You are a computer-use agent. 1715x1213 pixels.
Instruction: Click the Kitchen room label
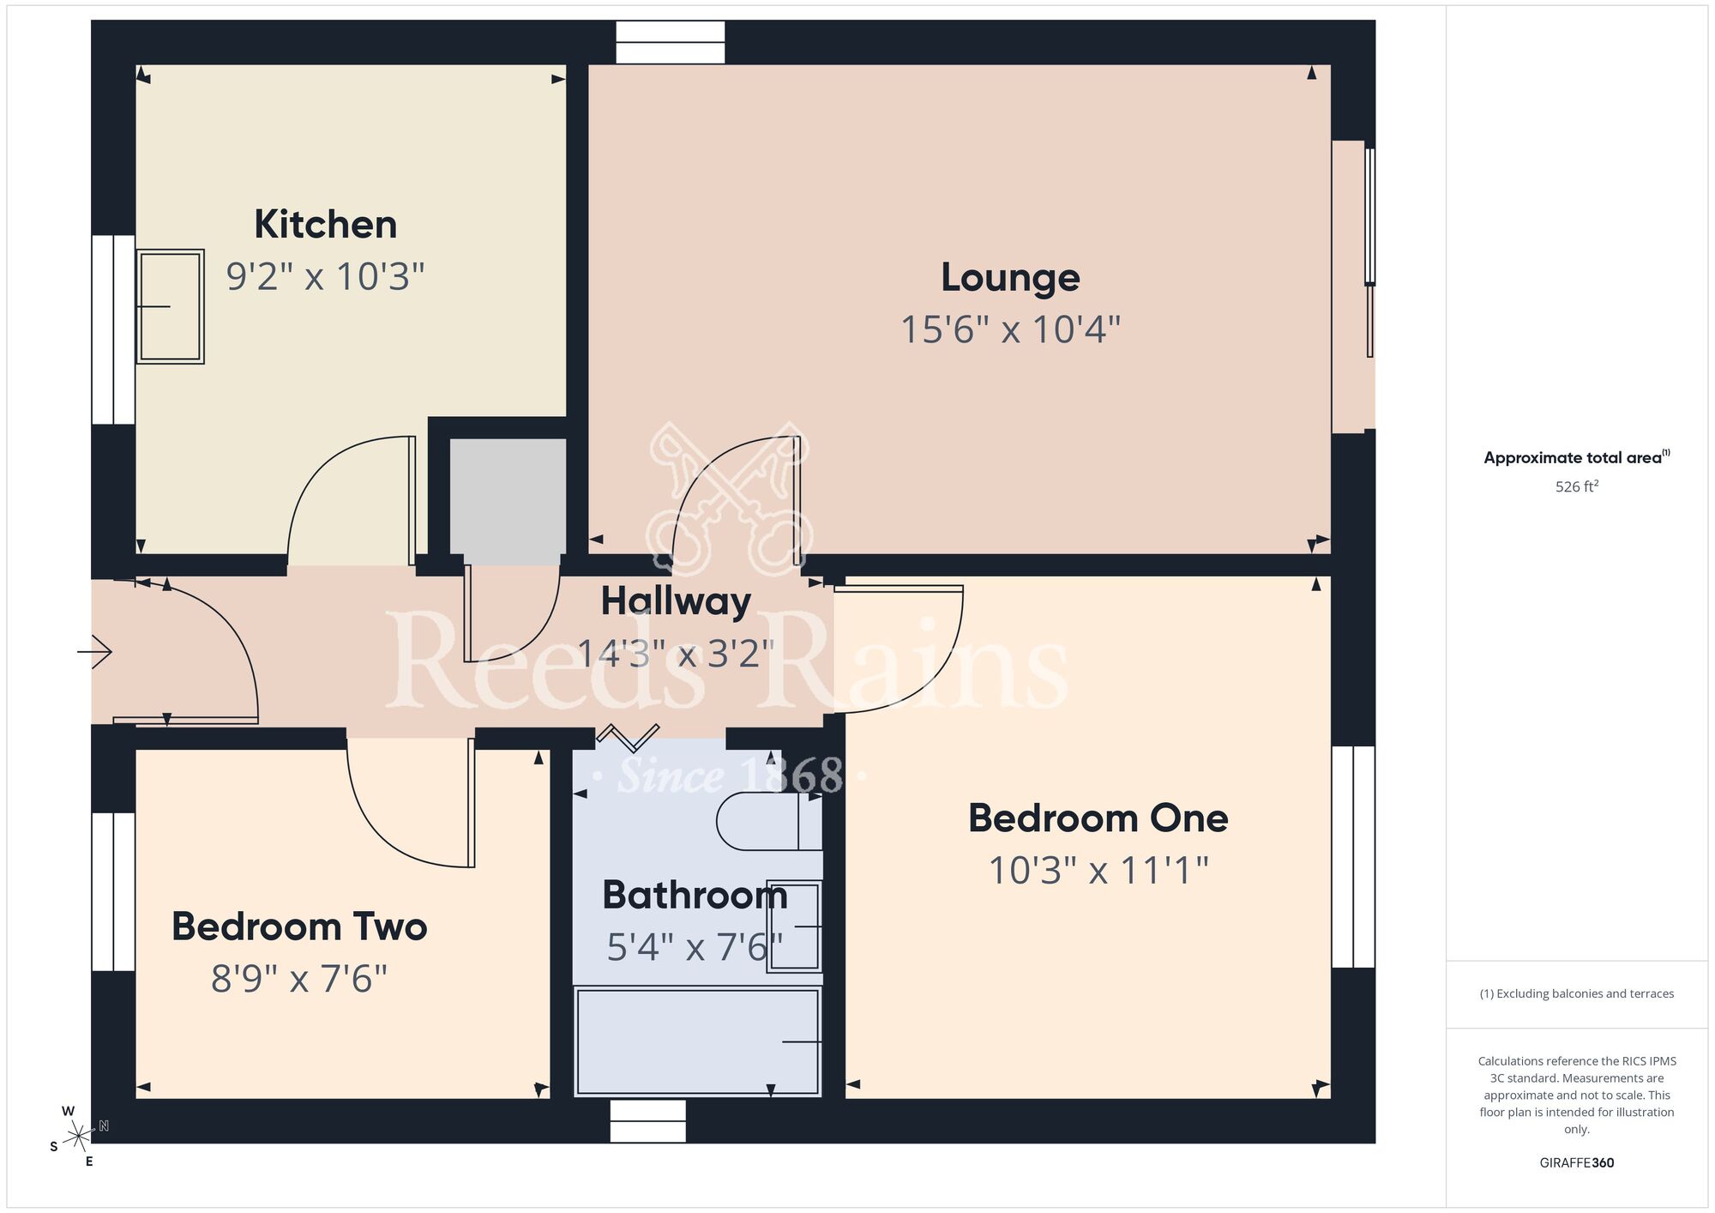[325, 225]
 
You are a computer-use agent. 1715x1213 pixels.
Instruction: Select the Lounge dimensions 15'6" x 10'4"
[1010, 329]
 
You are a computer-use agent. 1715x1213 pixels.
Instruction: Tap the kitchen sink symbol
[170, 306]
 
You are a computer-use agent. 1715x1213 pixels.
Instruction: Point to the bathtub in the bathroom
[697, 1041]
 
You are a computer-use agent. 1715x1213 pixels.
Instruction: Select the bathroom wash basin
[794, 926]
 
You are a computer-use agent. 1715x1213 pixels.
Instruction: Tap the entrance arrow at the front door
[95, 652]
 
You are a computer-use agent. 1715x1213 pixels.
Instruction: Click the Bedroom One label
[1098, 818]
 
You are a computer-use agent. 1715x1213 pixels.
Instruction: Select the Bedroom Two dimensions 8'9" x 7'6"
[299, 979]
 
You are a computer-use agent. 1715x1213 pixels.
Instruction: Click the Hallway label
[676, 600]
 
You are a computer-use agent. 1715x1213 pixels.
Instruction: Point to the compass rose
[79, 1137]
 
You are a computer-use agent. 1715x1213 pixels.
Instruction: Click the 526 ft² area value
[1576, 486]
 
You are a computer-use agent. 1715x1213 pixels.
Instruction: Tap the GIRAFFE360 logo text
[1576, 1162]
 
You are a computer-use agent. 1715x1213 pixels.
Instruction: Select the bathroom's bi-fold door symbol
[628, 736]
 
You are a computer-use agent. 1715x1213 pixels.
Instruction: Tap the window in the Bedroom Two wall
[113, 891]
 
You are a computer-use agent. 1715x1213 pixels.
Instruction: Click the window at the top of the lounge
[670, 42]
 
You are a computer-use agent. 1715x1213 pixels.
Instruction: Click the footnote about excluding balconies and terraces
[1576, 993]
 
